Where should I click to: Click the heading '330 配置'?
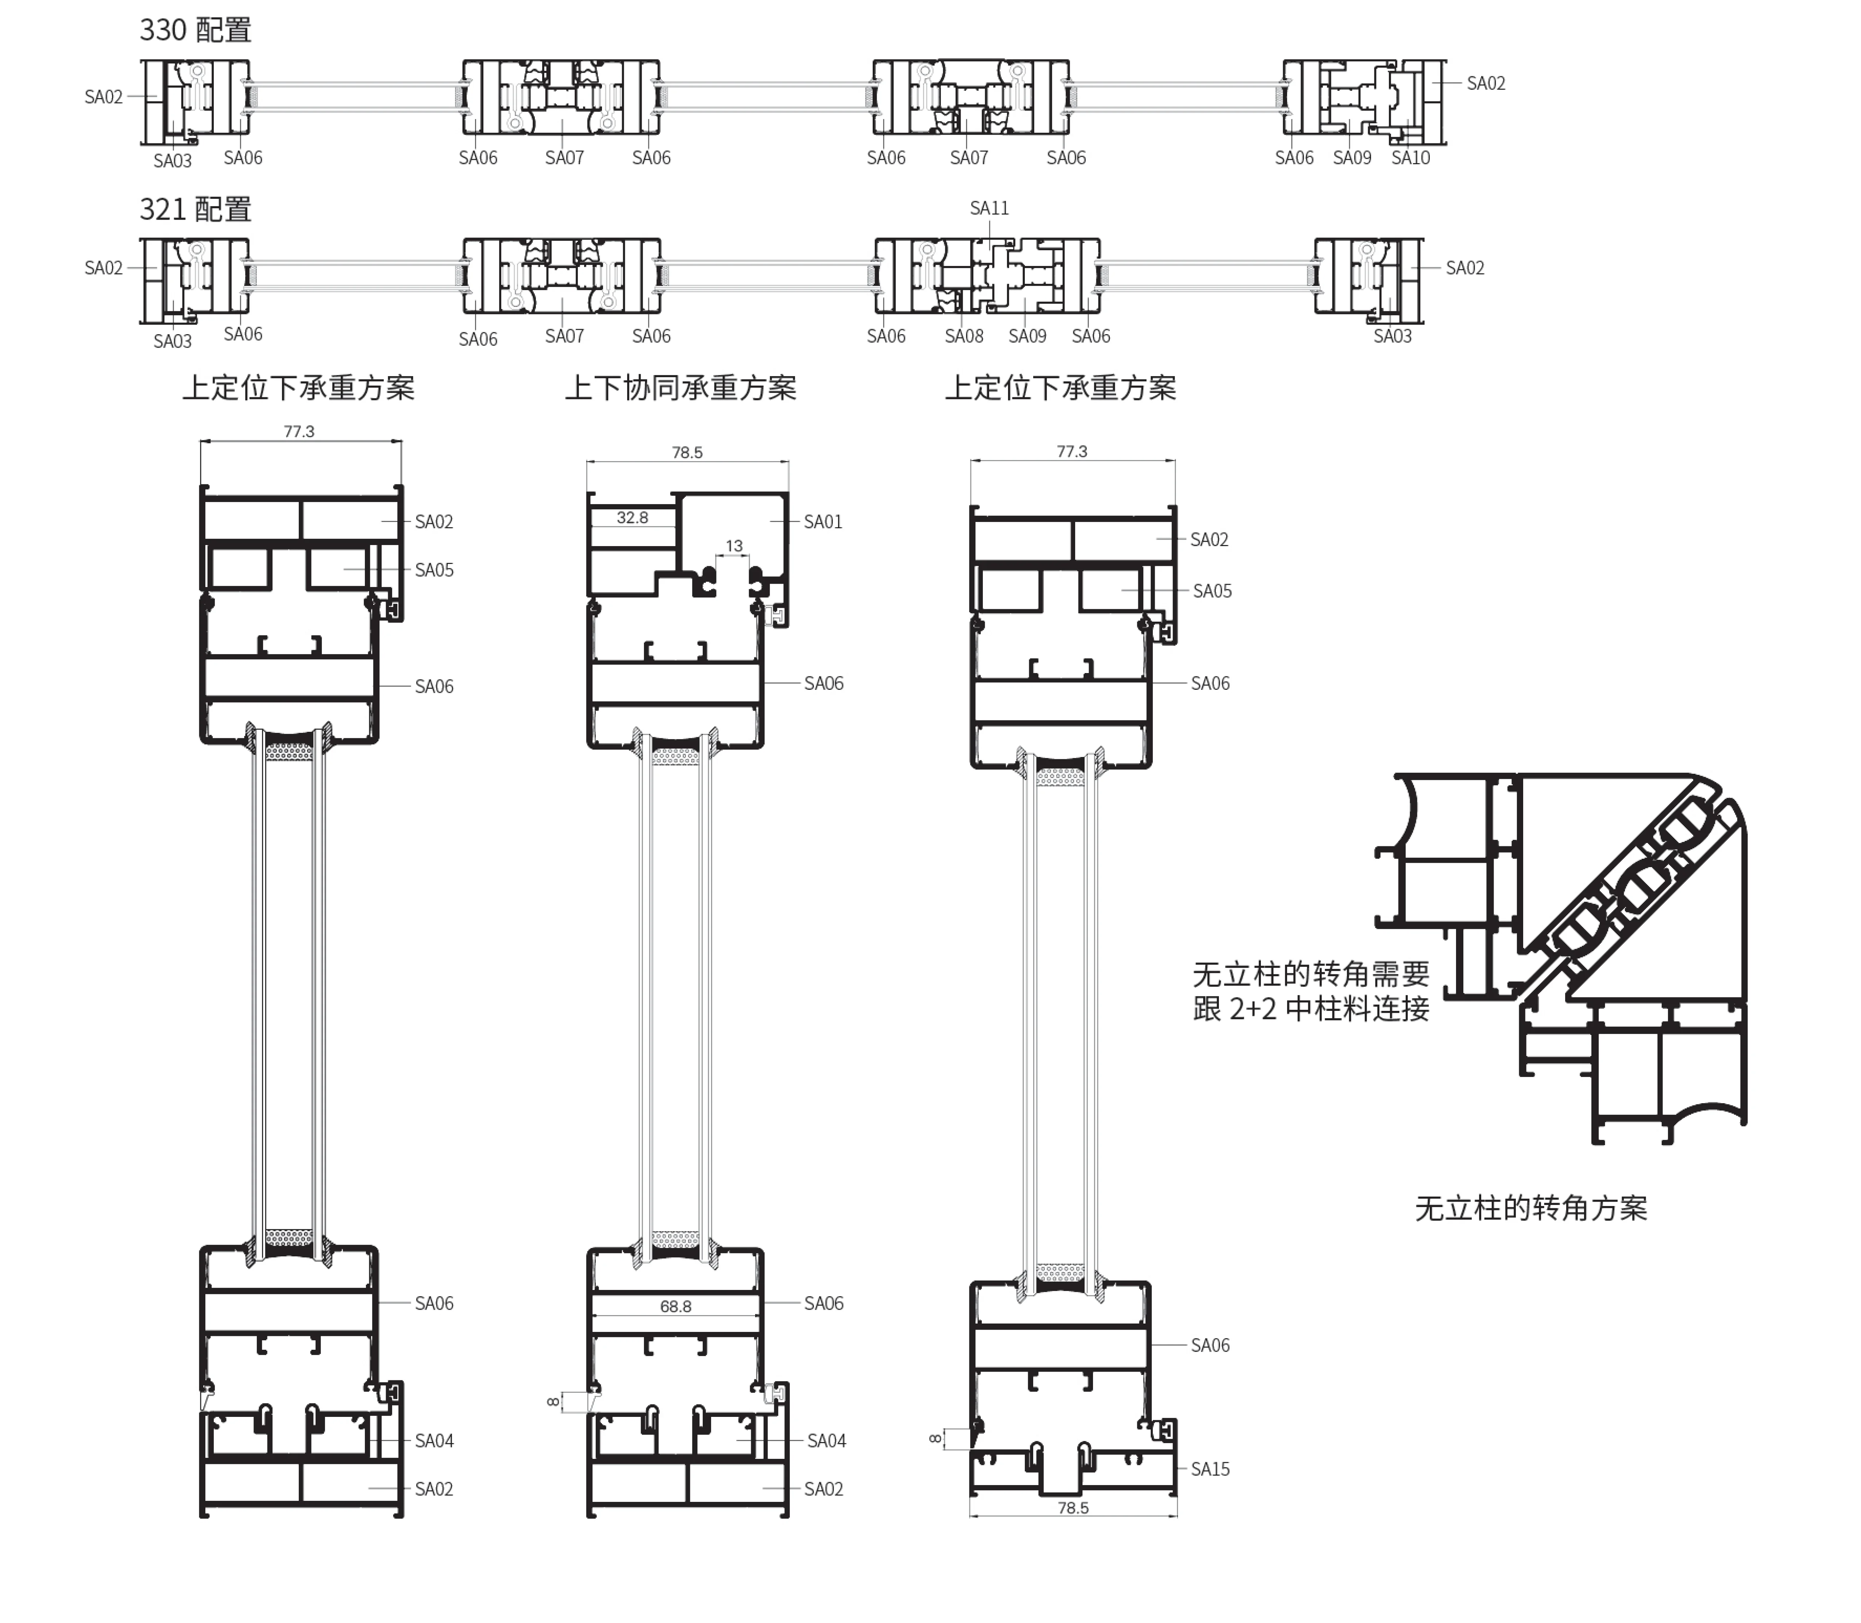click(x=195, y=30)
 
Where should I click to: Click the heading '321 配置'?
click(x=195, y=209)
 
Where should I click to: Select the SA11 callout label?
click(x=989, y=208)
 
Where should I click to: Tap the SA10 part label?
click(x=1410, y=158)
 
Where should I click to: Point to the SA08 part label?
click(x=964, y=336)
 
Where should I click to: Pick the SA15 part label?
click(x=1210, y=1469)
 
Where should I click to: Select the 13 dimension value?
click(x=734, y=546)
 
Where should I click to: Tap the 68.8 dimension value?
click(x=676, y=1306)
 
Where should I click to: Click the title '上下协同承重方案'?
click(x=680, y=388)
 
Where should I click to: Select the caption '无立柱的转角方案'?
click(x=1530, y=1208)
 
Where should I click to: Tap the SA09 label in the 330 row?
click(x=1352, y=158)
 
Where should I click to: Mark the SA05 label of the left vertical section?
click(x=434, y=570)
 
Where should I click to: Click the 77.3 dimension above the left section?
click(x=299, y=431)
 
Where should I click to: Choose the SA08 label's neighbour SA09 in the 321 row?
click(x=1027, y=336)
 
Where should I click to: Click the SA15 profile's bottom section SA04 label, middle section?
click(x=826, y=1440)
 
